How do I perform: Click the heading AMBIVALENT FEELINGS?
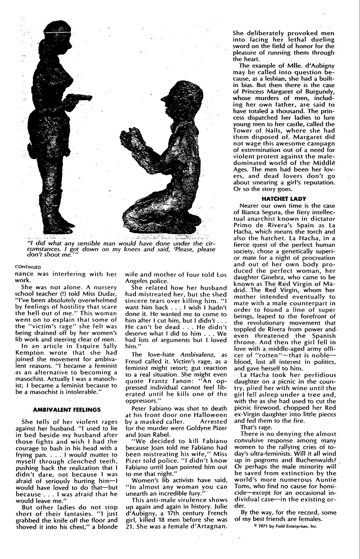[67, 410]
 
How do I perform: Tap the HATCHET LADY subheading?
[284, 199]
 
